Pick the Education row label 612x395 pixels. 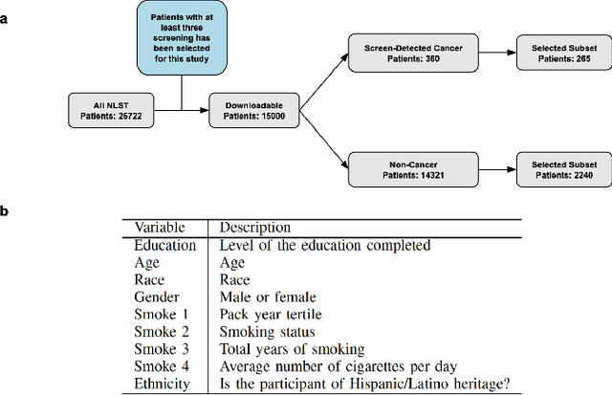(164, 246)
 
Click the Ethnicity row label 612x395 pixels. (163, 383)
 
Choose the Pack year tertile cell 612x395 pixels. (268, 315)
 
